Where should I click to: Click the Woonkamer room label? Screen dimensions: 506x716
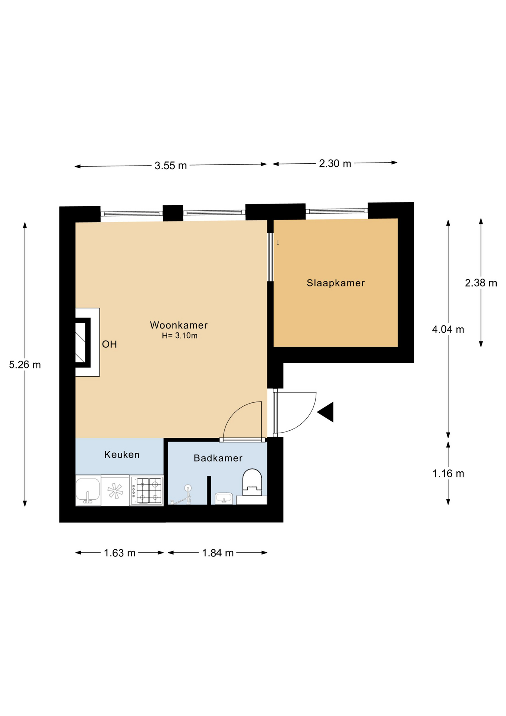pos(178,325)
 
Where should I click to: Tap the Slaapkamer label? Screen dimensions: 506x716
pos(335,283)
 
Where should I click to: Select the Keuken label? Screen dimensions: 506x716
pos(122,455)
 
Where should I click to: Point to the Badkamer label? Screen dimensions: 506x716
pos(218,458)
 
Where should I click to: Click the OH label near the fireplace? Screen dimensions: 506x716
pos(110,344)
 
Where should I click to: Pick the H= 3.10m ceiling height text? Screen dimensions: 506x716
pos(180,336)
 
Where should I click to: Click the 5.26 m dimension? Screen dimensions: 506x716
pos(25,365)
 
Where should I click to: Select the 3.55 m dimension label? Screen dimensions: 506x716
pos(171,166)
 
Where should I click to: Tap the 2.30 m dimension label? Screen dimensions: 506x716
pos(335,164)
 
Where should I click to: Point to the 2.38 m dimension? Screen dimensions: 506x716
pos(481,283)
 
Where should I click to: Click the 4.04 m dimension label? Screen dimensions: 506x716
pos(448,329)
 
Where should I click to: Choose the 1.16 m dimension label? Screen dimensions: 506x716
pos(448,474)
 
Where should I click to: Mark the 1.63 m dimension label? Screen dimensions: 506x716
pos(120,553)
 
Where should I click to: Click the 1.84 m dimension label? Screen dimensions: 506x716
pos(218,553)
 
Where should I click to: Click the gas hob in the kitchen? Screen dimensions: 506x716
pos(147,490)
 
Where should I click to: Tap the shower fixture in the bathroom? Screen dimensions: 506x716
pos(183,495)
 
